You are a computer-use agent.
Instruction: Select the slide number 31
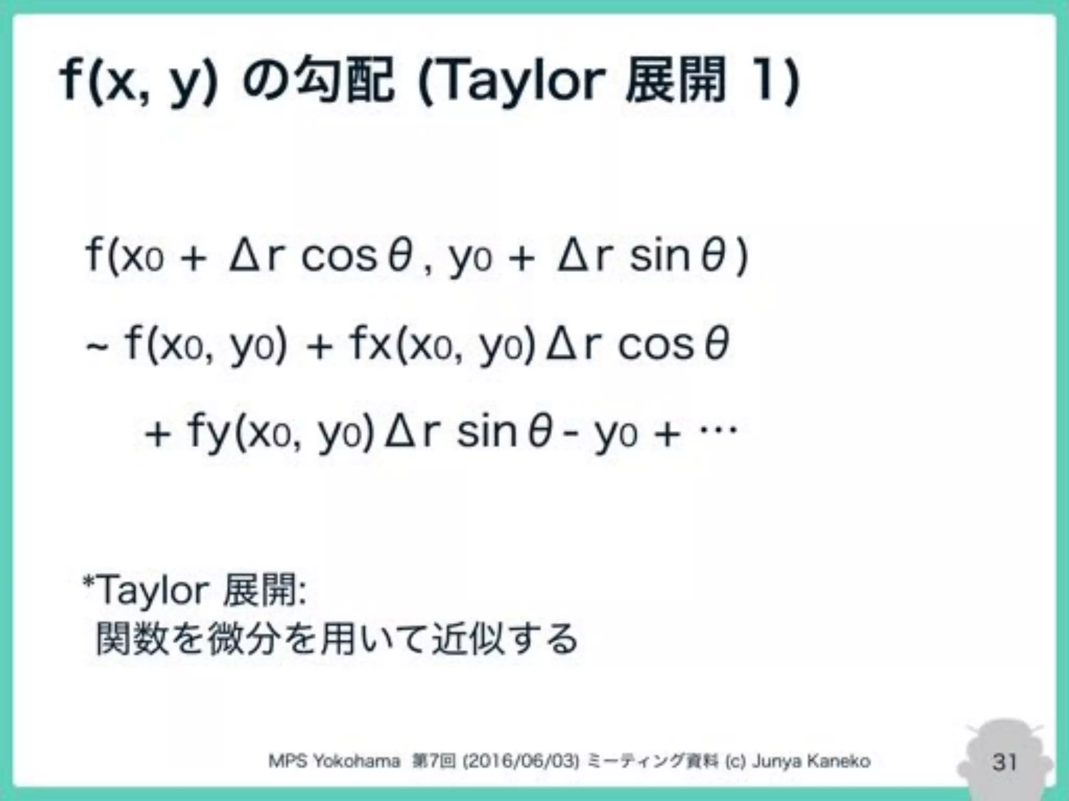1004,762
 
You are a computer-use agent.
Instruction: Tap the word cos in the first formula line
339,257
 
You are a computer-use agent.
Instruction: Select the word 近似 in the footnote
468,639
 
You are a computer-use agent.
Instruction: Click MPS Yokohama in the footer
334,761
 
